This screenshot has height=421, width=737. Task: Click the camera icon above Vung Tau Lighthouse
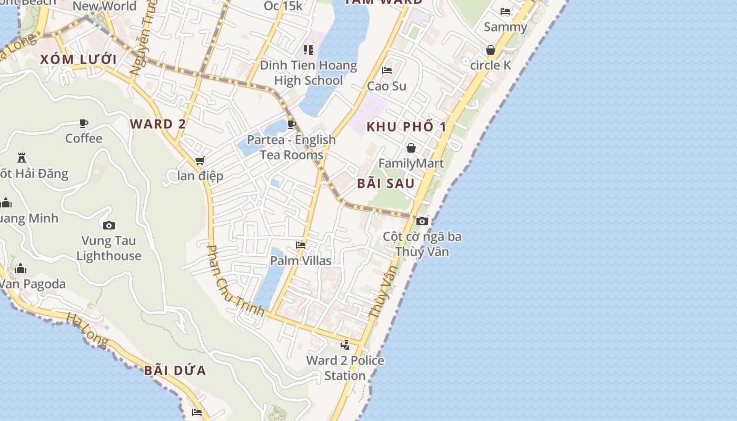[109, 225]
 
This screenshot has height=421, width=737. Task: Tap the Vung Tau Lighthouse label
[109, 248]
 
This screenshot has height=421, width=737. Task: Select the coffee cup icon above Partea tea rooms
[292, 125]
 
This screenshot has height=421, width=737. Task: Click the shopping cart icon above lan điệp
[200, 161]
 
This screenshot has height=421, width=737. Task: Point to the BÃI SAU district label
[386, 184]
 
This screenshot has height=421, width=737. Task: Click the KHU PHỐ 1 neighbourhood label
[406, 126]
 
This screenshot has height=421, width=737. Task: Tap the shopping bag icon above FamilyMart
[411, 148]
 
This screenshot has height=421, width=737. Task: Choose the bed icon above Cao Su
[387, 71]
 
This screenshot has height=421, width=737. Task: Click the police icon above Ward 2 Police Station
[345, 345]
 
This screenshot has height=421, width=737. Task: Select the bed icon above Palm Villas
[301, 245]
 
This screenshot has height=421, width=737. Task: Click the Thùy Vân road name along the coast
[383, 291]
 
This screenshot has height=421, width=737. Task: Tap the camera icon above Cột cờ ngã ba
[422, 221]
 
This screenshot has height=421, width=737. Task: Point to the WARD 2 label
[158, 124]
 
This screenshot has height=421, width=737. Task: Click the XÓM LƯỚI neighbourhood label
[78, 59]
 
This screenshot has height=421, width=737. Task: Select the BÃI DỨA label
[175, 370]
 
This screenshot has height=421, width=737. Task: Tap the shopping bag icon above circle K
[491, 50]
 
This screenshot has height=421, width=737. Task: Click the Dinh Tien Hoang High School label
[308, 73]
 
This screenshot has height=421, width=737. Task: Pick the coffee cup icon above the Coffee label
[84, 124]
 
